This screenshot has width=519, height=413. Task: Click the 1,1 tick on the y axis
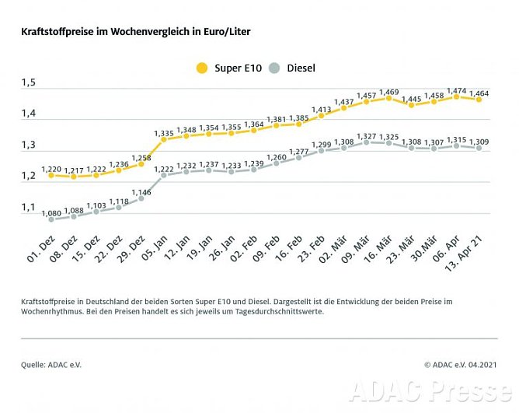click(29, 208)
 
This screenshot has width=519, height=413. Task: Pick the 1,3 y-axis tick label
click(29, 145)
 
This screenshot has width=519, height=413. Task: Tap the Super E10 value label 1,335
click(164, 133)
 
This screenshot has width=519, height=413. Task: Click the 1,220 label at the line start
click(51, 168)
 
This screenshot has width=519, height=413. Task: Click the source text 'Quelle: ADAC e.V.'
click(51, 364)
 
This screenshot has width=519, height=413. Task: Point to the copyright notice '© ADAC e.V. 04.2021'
click(461, 364)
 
